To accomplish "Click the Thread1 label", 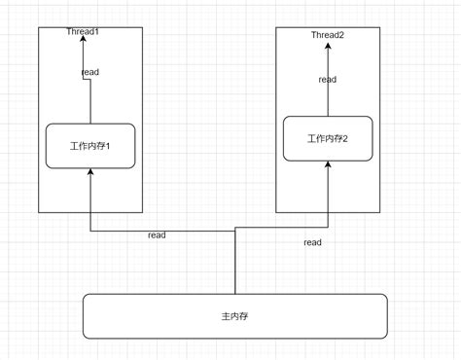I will coord(83,32).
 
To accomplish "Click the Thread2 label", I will coord(328,36).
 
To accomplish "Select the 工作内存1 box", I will coord(89,146).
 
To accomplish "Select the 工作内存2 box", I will coord(327,138).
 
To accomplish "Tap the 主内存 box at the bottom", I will coord(234,316).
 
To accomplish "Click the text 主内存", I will coord(234,317).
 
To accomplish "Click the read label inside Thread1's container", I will coord(89,72).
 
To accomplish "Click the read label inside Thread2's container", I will coord(328,80).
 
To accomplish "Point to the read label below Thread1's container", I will coord(157,235).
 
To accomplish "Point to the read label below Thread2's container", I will coord(312,242).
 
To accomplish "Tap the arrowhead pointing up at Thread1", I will coord(89,39).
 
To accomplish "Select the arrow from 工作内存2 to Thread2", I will coord(328,97).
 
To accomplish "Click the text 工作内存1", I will coord(89,146).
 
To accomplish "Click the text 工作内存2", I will coord(327,139).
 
